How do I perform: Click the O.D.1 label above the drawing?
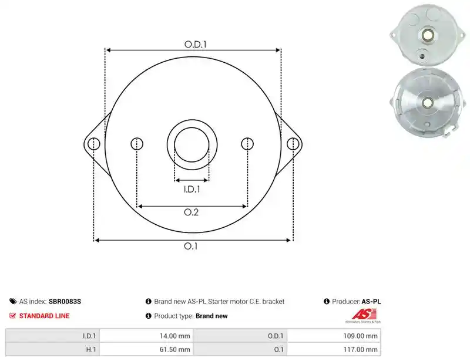click(196, 45)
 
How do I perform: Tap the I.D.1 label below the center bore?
click(192, 189)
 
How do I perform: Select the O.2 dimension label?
click(192, 212)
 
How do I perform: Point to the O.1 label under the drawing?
click(190, 246)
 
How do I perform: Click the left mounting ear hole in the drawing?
click(94, 144)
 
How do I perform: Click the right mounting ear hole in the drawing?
click(293, 144)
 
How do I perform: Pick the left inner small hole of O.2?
click(137, 144)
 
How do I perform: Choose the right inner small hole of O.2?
click(247, 144)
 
